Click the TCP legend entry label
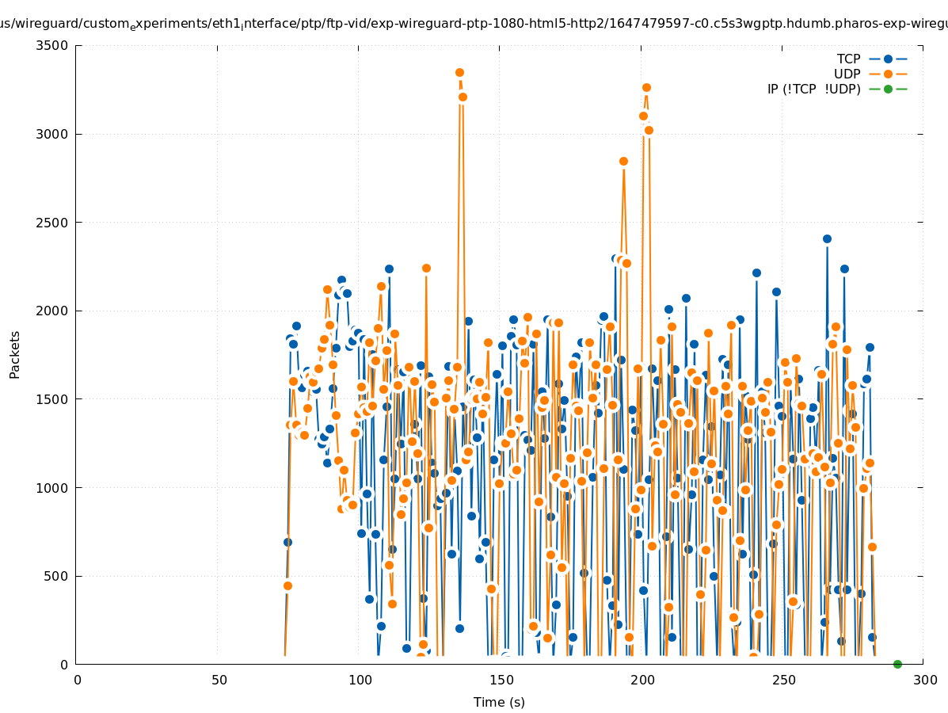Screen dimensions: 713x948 pos(848,59)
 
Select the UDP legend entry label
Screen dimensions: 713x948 pos(847,74)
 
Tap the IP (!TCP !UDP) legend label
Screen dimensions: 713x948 pos(813,89)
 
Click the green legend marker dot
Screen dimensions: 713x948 pos(888,89)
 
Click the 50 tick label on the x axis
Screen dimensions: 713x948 pos(219,680)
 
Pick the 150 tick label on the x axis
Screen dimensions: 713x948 pos(501,680)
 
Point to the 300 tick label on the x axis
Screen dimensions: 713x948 pos(924,680)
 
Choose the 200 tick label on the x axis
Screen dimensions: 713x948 pos(642,680)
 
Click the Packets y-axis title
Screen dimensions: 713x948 pos(15,354)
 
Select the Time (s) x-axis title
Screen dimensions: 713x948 pos(499,702)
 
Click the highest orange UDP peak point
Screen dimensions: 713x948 pos(459,72)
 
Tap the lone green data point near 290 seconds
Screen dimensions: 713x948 pos(897,664)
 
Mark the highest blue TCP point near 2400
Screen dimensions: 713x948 pos(827,238)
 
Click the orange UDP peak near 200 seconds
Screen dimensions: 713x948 pos(646,87)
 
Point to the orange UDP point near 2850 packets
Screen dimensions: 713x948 pos(623,161)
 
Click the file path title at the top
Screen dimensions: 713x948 pos(474,24)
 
